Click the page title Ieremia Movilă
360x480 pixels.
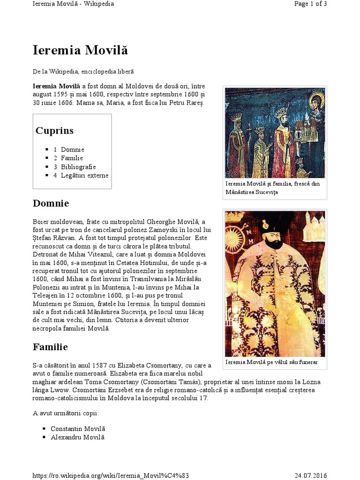click(x=80, y=50)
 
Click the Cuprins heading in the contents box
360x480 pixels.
click(x=54, y=130)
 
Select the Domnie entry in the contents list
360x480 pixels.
click(x=72, y=150)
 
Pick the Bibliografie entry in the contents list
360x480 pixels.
click(x=78, y=167)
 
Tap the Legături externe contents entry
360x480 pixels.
click(x=84, y=176)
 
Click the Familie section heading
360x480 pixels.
click(x=50, y=347)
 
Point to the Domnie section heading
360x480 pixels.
click(x=51, y=203)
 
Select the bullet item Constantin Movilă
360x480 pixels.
click(x=78, y=429)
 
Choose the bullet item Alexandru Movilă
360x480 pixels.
click(x=77, y=437)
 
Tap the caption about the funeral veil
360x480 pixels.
click(x=272, y=362)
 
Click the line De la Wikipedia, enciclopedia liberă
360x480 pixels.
click(x=83, y=71)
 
